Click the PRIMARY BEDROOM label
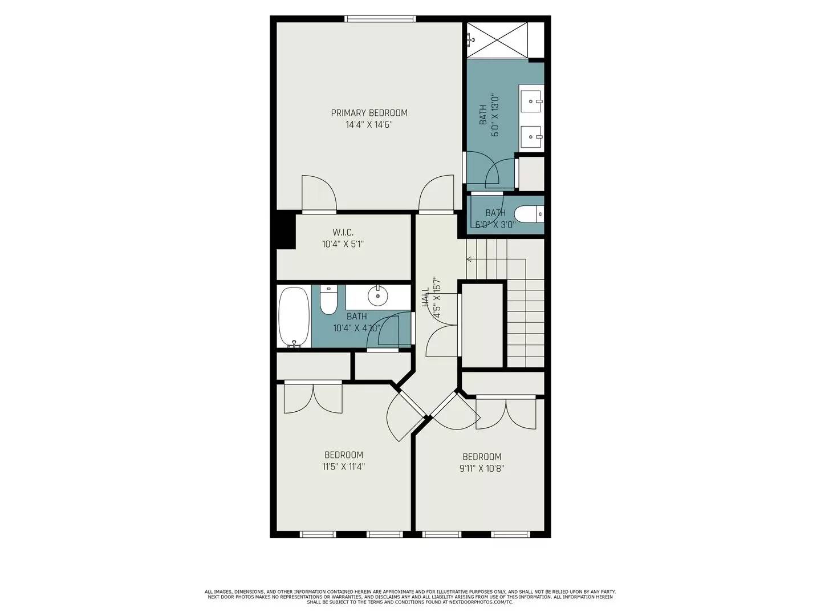[369, 113]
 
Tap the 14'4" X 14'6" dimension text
[369, 124]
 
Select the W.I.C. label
[343, 233]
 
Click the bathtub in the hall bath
[294, 317]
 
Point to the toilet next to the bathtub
[329, 299]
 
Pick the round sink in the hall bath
[377, 295]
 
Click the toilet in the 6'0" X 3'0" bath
[529, 214]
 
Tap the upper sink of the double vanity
[531, 102]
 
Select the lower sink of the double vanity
[531, 137]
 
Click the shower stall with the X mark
[497, 39]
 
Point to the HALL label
[425, 297]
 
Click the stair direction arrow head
[469, 260]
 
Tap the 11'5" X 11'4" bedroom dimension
[343, 467]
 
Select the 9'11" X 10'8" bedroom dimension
[482, 469]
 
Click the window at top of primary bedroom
[380, 19]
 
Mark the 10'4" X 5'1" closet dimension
[343, 244]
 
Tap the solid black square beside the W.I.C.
[286, 230]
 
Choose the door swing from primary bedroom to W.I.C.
[319, 194]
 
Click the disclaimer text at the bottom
[410, 597]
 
